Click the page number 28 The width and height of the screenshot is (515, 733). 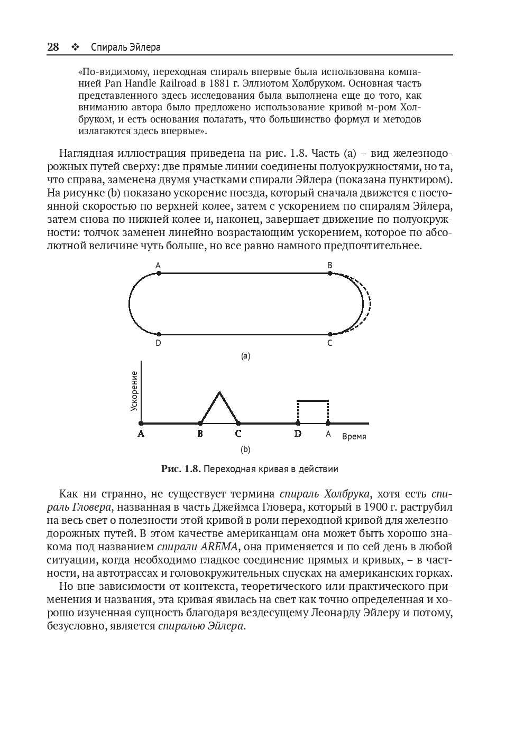click(x=53, y=47)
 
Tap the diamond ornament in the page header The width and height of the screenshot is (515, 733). click(x=75, y=48)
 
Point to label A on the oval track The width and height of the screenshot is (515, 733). click(x=158, y=265)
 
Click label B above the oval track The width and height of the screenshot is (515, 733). click(x=330, y=265)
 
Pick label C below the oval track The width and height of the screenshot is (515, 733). click(x=330, y=343)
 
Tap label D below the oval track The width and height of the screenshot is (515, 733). click(x=158, y=343)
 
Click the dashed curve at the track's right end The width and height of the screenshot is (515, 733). click(x=369, y=304)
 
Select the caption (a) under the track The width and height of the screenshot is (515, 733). click(x=245, y=356)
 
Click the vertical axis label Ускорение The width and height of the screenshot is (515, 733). click(x=134, y=391)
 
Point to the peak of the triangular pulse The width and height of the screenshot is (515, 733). click(x=219, y=392)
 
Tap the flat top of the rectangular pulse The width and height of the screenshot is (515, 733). click(x=313, y=401)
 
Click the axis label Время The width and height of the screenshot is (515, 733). click(x=354, y=437)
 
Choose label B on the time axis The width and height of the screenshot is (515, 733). click(x=200, y=434)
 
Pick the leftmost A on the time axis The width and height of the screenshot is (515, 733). click(x=141, y=434)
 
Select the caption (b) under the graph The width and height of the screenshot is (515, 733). click(x=245, y=449)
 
